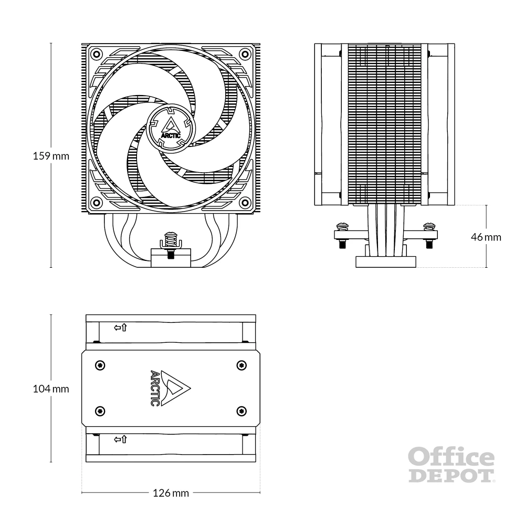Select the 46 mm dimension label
[x=486, y=237]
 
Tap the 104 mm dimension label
[x=51, y=388]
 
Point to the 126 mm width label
[x=171, y=493]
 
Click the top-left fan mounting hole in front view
[x=96, y=54]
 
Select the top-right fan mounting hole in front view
[x=245, y=54]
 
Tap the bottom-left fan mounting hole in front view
[x=96, y=203]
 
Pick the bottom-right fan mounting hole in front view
[x=245, y=203]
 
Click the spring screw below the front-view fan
[x=170, y=242]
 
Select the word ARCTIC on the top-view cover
[x=155, y=388]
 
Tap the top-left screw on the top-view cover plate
[x=100, y=365]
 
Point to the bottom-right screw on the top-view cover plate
[x=241, y=411]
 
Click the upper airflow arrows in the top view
[x=120, y=328]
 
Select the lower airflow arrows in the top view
[x=120, y=439]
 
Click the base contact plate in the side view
[x=386, y=261]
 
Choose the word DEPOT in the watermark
[x=451, y=475]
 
